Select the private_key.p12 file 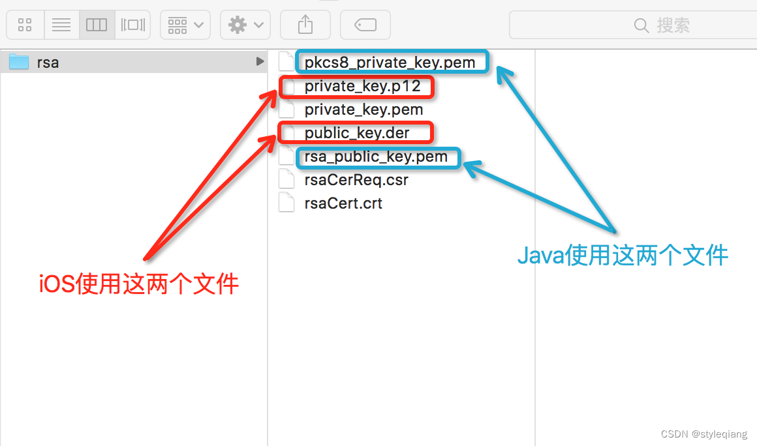tap(362, 86)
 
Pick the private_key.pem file tap(363, 110)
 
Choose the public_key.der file tap(357, 133)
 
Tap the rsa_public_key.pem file tap(376, 156)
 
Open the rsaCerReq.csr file tap(356, 180)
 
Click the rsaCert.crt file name tap(343, 203)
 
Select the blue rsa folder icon tap(19, 63)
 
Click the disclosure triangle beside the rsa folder tap(260, 62)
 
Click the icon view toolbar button tap(25, 25)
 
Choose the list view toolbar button tap(61, 25)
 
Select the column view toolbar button tap(97, 25)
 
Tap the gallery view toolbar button tap(132, 25)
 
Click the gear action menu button tap(245, 25)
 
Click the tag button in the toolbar tap(365, 25)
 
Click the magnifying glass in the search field tap(641, 25)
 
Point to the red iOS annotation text tap(139, 284)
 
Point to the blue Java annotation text tap(623, 255)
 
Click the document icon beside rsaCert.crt tap(286, 203)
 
